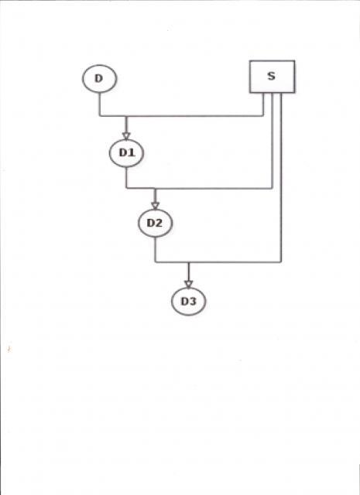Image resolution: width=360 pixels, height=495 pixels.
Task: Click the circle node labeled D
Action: click(100, 79)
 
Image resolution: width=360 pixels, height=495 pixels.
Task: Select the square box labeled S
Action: click(273, 77)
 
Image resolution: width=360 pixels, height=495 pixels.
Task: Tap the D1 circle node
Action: click(126, 153)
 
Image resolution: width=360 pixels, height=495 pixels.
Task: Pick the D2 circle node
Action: click(155, 224)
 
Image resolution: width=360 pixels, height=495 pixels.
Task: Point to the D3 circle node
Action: click(188, 301)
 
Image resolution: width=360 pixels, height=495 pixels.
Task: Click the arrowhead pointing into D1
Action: click(126, 136)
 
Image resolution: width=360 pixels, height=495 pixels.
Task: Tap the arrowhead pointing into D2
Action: click(155, 206)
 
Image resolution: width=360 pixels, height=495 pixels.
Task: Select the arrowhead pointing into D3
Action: click(188, 284)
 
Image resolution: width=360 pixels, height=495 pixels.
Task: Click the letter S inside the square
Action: click(271, 76)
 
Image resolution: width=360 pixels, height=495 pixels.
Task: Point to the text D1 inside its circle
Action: click(127, 153)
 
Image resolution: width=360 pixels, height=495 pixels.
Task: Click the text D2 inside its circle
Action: click(155, 224)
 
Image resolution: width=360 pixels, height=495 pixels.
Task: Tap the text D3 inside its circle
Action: click(188, 301)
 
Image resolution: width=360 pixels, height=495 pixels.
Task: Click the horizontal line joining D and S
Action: click(181, 116)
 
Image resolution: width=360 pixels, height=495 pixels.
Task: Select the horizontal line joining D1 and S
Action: click(199, 189)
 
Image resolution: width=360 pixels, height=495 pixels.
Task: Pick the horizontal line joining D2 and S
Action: click(218, 262)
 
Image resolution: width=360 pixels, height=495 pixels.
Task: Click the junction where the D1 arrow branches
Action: click(126, 116)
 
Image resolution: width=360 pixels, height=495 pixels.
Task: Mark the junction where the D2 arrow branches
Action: click(155, 189)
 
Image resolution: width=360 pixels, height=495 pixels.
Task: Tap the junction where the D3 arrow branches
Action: click(188, 262)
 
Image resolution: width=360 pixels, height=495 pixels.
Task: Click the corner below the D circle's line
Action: click(100, 116)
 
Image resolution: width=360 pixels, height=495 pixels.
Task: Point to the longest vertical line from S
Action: click(281, 178)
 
